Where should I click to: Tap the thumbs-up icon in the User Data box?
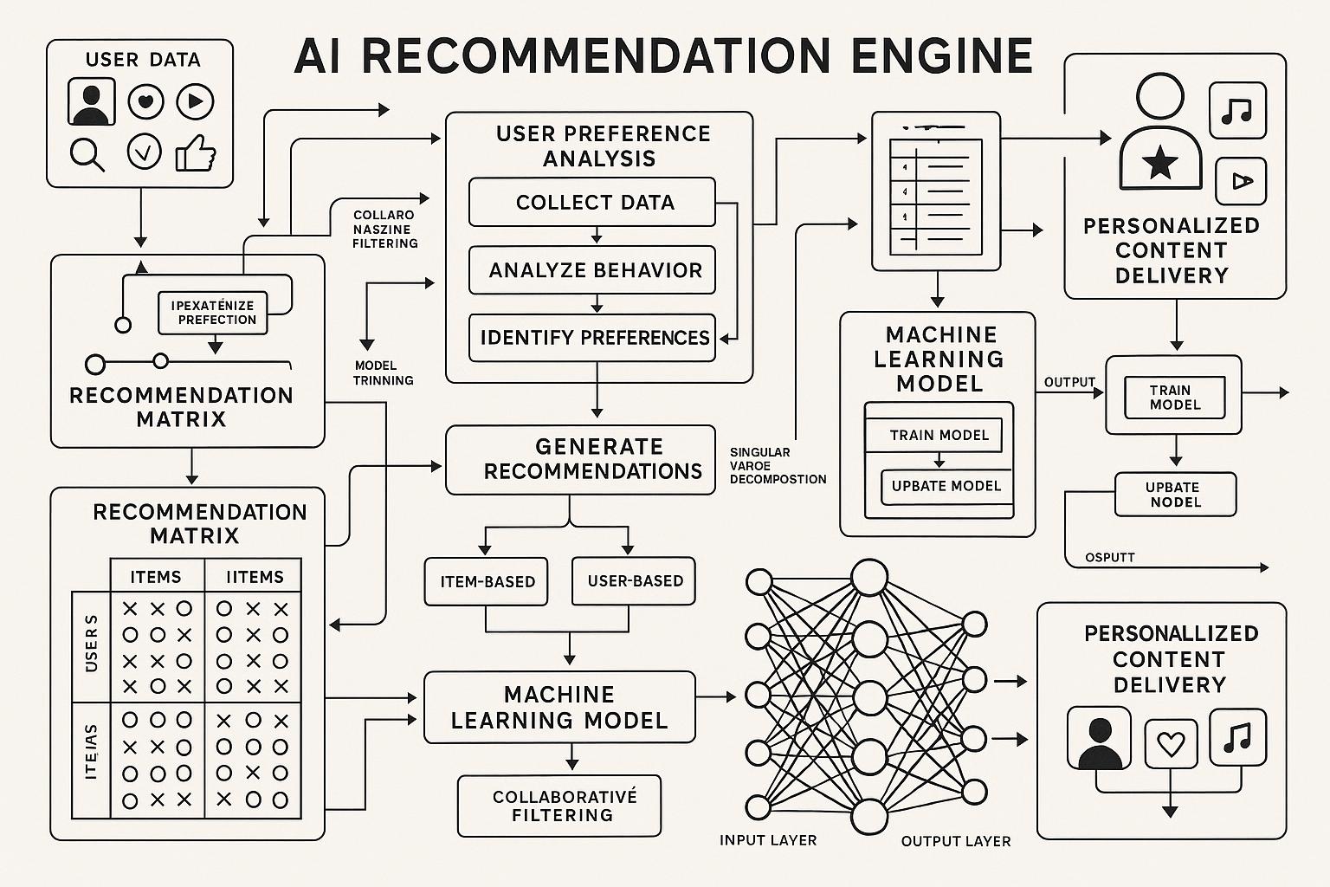point(196,154)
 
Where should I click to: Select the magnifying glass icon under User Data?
point(87,154)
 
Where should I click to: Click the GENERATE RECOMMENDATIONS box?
point(581,459)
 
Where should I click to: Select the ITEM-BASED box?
point(487,581)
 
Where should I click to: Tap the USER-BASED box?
point(634,581)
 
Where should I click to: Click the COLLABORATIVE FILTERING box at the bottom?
point(559,806)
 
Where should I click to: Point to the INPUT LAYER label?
point(767,840)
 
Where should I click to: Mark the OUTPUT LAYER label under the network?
point(955,841)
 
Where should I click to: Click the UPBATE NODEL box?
point(1174,495)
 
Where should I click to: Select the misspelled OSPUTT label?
point(1109,557)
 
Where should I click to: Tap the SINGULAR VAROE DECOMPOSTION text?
point(777,465)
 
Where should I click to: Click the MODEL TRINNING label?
point(383,372)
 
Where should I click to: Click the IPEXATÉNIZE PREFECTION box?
point(213,313)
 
